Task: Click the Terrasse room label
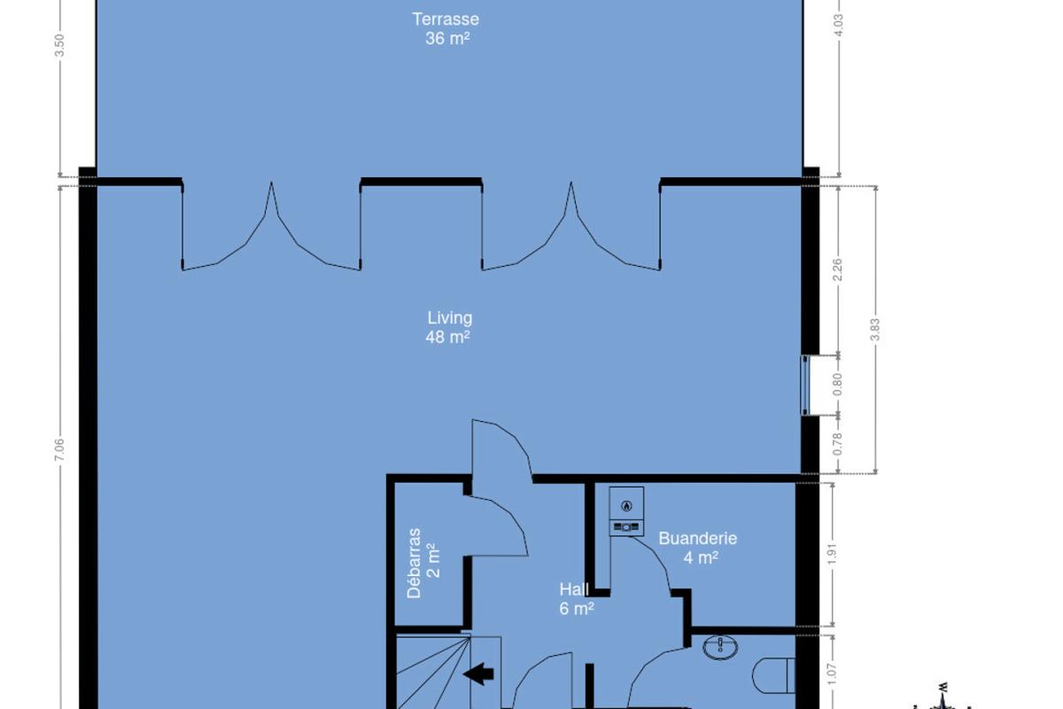446,19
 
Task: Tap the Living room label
449,317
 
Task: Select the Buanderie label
698,539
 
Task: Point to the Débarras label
414,563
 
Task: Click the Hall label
574,589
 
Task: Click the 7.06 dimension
59,449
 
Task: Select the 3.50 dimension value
59,45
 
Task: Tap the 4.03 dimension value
839,25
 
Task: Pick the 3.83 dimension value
875,329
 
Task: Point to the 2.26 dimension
838,269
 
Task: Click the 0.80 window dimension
838,384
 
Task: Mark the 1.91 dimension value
832,554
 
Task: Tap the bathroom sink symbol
720,647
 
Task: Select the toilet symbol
773,674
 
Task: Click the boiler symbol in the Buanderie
626,511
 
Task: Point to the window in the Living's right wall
805,386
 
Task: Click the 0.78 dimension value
838,444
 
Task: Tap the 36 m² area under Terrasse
447,38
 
